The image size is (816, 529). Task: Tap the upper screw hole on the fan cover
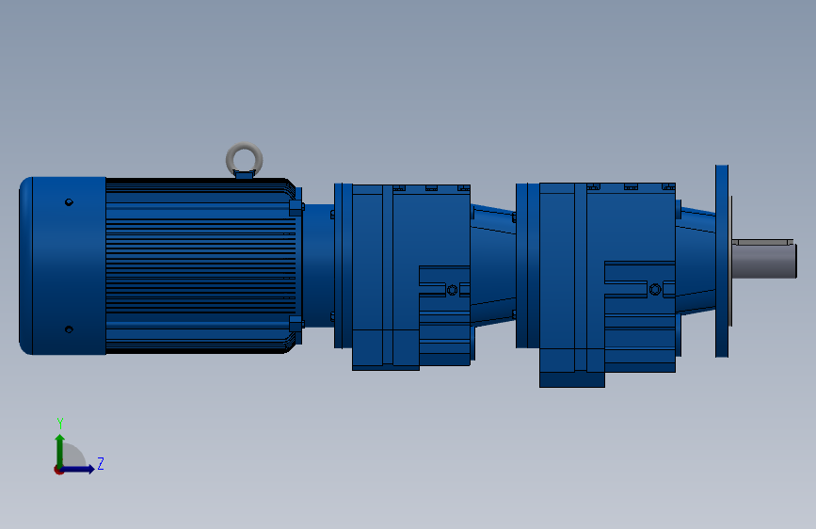tap(69, 202)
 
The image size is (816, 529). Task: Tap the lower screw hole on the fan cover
tap(69, 329)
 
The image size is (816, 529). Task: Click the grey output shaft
tap(764, 262)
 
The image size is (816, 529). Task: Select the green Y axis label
tap(60, 423)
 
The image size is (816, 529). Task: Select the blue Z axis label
tap(101, 463)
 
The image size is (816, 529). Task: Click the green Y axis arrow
tap(60, 451)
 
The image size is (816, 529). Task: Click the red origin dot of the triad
tap(58, 470)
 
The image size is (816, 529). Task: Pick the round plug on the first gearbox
tap(452, 290)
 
